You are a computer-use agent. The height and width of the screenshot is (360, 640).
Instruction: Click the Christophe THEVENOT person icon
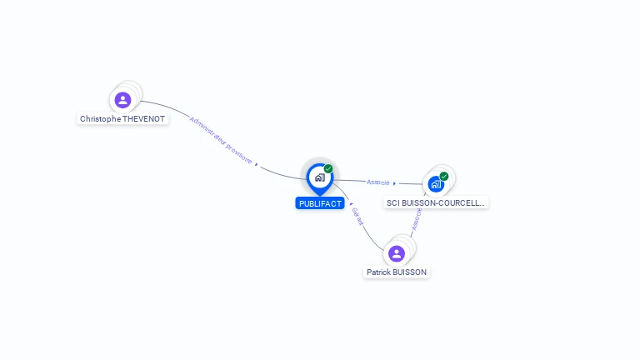coord(123,100)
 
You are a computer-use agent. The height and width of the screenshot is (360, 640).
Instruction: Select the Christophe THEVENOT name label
coord(122,119)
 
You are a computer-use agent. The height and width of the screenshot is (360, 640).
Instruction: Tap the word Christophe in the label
coord(100,119)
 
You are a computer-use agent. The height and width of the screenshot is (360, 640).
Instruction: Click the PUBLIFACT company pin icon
coord(319,177)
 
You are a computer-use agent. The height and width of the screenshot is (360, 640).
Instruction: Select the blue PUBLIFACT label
coord(319,203)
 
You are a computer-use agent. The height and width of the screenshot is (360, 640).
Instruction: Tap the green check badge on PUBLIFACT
coord(328,169)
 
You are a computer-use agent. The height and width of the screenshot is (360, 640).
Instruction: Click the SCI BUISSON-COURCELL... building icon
coord(435,184)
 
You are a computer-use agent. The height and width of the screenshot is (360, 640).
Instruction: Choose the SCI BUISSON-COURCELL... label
coord(436,202)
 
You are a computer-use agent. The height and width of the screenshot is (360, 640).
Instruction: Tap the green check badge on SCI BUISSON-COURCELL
coord(444,176)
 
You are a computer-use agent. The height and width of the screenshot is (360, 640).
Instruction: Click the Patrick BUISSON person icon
coord(397,253)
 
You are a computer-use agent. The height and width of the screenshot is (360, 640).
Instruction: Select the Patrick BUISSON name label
coord(397,272)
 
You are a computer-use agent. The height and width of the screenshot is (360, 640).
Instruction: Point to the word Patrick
coord(380,272)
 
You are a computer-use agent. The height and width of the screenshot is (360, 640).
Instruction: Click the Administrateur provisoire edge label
coord(220,139)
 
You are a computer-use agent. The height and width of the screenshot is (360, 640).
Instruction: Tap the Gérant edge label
coord(358,217)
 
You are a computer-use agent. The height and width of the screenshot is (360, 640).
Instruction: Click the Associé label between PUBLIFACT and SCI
coord(377,182)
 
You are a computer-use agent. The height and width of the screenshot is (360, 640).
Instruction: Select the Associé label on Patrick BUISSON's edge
coord(417,219)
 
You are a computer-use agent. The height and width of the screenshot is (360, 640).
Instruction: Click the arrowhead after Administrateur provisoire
coord(257,164)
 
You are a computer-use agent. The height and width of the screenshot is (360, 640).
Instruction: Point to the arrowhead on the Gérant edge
coord(351,203)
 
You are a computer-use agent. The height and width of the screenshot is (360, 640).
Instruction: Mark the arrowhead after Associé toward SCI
coord(395,183)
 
